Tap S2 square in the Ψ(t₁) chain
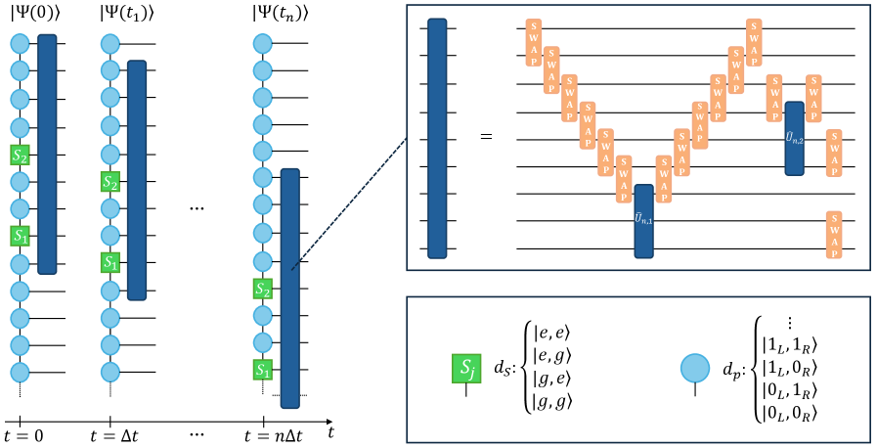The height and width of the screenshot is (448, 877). (x=110, y=181)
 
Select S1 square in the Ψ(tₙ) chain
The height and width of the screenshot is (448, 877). (x=262, y=369)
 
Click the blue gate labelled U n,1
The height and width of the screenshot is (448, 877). (x=643, y=220)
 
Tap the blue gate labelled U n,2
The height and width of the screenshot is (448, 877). (x=794, y=138)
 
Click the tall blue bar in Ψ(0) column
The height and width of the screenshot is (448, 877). (x=47, y=154)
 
